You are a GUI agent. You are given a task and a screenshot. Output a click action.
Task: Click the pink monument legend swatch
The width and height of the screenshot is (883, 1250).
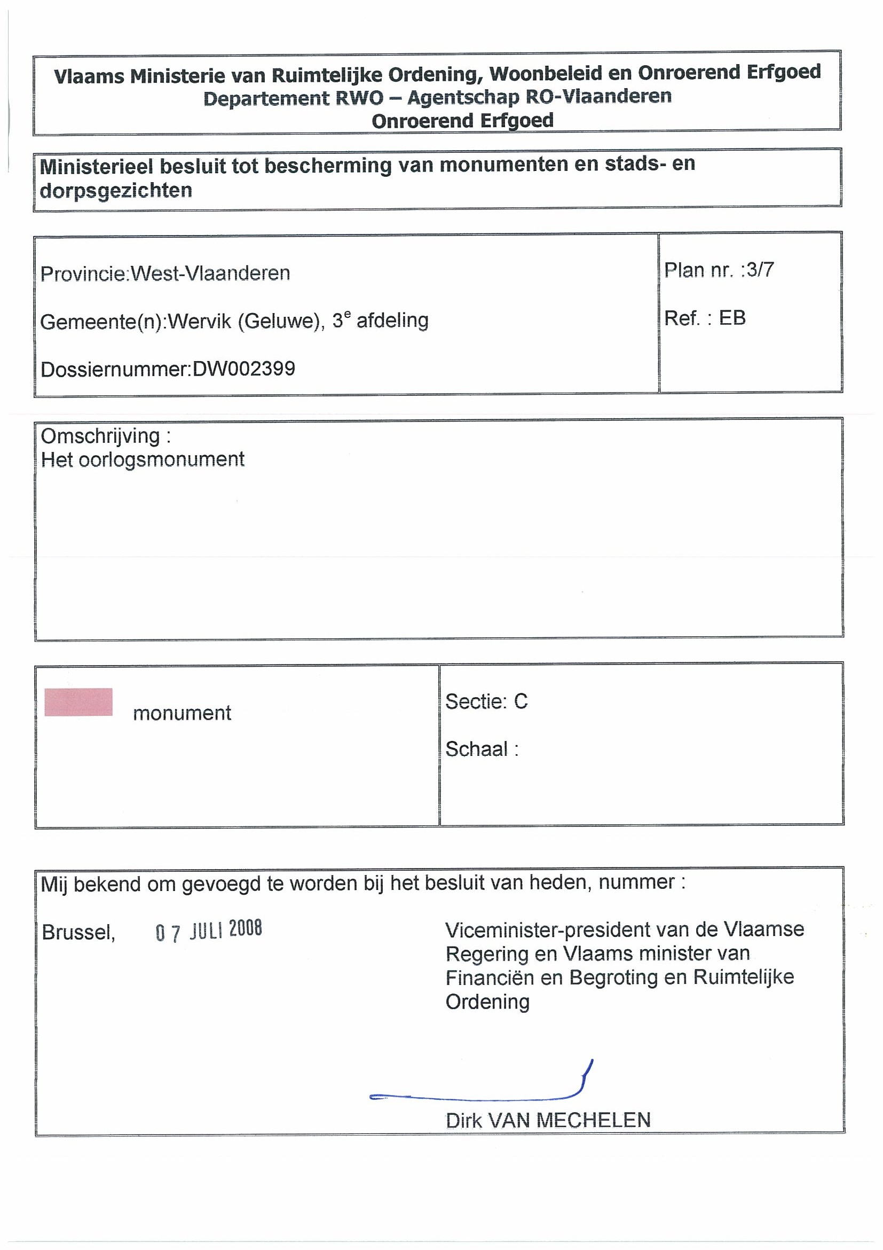point(78,702)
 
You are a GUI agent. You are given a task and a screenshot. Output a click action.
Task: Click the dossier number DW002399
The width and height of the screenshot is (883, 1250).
point(244,369)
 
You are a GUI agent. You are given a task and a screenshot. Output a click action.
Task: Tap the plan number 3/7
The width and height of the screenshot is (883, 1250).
point(760,270)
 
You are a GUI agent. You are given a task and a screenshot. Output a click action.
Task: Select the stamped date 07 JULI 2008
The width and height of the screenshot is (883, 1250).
point(209,931)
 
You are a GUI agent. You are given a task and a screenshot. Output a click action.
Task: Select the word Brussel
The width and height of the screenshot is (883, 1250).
point(78,933)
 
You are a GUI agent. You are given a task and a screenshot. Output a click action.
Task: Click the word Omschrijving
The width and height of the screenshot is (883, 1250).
point(101,435)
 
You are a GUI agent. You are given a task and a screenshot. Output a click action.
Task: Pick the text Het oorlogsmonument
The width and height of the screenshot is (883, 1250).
point(143,459)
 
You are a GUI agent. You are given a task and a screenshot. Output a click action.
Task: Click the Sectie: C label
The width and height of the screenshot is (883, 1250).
point(486,701)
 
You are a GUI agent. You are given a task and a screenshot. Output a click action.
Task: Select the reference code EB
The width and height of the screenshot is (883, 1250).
point(732,318)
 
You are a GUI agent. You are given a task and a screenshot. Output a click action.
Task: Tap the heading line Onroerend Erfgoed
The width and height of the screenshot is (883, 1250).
point(462,120)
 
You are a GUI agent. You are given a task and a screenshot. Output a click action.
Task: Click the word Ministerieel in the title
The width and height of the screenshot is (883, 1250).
point(97,166)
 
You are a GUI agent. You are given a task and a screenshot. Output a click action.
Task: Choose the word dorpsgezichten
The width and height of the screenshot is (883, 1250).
point(116,191)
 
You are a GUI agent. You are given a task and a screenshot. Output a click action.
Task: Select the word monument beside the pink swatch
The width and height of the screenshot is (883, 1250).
point(182,713)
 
